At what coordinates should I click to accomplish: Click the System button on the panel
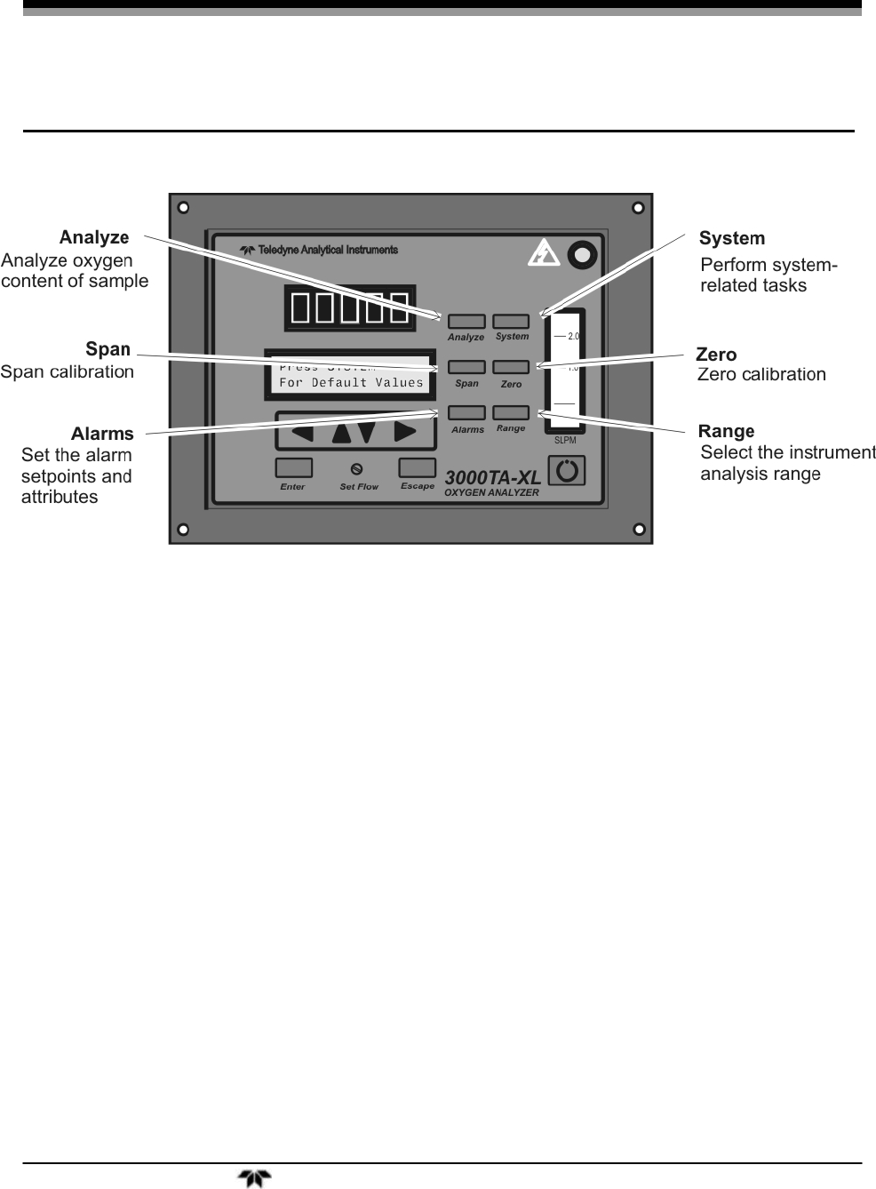pos(511,322)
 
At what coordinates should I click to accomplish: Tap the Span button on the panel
pos(466,367)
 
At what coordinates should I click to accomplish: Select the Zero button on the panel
pos(511,367)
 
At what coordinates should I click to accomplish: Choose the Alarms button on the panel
pos(466,412)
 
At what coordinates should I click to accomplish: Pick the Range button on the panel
pos(511,412)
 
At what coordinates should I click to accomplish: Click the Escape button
pos(417,467)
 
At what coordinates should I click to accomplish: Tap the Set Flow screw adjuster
pos(357,468)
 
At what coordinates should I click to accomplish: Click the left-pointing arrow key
pos(303,433)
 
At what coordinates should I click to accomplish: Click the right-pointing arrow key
pos(405,433)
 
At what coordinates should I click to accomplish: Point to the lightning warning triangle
pos(543,255)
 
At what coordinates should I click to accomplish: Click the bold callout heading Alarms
pos(102,434)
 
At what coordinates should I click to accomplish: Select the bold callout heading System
pos(731,238)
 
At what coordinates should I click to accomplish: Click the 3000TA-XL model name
pos(492,477)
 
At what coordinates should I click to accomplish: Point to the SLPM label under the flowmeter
pos(565,441)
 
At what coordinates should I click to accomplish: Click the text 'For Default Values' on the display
pos(351,383)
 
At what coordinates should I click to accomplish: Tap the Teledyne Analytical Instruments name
pos(327,251)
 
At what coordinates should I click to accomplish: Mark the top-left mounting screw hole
pos(182,208)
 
